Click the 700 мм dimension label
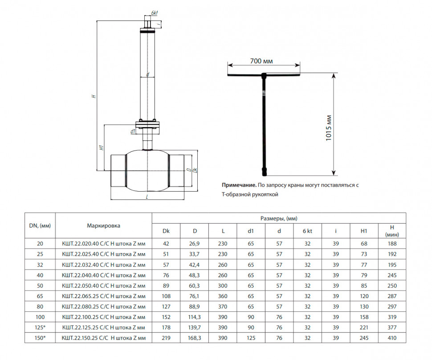click(261, 61)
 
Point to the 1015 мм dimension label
click(329, 128)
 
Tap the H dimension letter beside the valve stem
click(94, 96)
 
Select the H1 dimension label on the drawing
click(102, 147)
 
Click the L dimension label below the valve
click(147, 197)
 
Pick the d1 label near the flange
click(133, 131)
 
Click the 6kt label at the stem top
click(154, 12)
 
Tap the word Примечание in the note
click(239, 185)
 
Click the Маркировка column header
click(104, 226)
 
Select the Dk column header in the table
click(166, 231)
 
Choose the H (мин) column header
click(392, 231)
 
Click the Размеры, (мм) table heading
click(279, 218)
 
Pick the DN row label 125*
click(40, 327)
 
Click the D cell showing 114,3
click(195, 317)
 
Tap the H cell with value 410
click(392, 338)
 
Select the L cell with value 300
click(223, 286)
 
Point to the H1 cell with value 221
click(364, 327)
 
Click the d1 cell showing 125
click(251, 338)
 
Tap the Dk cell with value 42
click(166, 244)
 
